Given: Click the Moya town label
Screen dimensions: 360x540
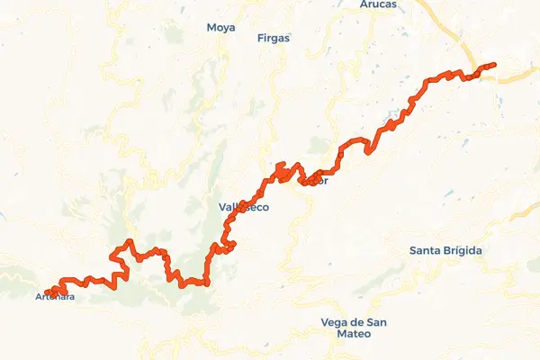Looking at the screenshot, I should (220, 28).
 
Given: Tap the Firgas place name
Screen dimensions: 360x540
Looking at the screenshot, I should (274, 39).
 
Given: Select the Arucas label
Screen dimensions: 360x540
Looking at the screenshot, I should (365, 4).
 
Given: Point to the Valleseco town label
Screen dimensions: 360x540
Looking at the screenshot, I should (244, 207).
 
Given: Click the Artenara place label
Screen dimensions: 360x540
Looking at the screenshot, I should (56, 297).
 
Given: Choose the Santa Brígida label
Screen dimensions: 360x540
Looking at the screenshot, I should (445, 249).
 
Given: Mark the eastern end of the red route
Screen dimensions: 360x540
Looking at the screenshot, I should (494, 65).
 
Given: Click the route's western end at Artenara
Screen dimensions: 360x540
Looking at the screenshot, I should (47, 292).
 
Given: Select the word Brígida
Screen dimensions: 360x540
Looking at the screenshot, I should (463, 249).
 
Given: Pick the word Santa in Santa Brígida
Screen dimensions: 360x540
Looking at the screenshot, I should (424, 249).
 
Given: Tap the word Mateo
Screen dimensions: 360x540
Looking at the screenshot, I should (346, 334).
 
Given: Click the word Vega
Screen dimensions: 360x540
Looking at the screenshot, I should (333, 322).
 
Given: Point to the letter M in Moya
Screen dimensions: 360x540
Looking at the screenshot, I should (210, 28).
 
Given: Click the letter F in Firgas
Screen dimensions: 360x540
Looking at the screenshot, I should (260, 39).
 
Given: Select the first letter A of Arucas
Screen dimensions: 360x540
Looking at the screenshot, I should (350, 4).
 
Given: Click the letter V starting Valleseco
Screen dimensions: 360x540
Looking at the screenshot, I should (222, 207).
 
